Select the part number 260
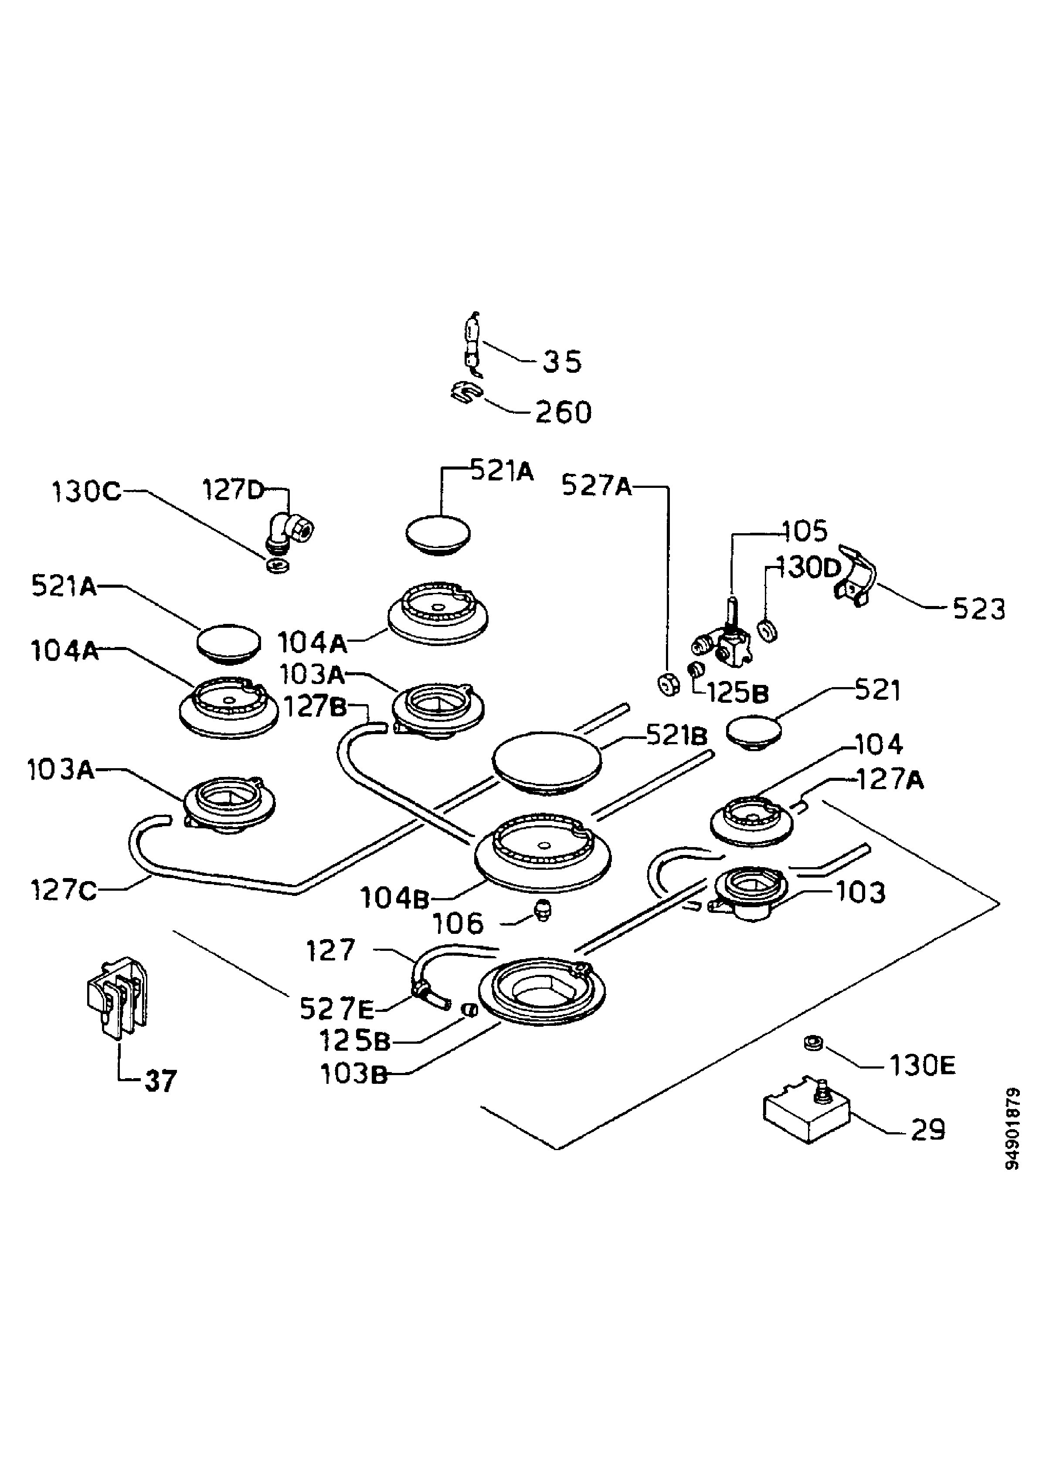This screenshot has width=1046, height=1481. pyautogui.click(x=563, y=413)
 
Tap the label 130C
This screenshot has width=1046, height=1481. pyautogui.click(x=86, y=491)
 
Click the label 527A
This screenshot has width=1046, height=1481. pyautogui.click(x=597, y=485)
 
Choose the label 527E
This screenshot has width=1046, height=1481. pyautogui.click(x=336, y=1009)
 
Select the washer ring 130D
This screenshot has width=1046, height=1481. pyautogui.click(x=768, y=631)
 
